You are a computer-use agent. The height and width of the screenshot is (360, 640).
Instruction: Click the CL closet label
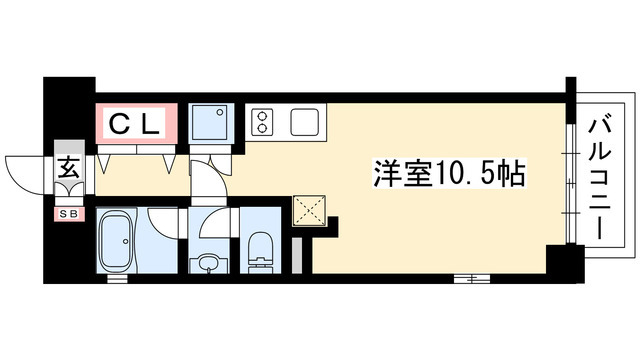coord(135,124)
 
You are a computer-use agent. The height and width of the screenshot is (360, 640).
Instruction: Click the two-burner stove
coord(263,122)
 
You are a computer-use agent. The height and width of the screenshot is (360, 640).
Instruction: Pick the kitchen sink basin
coord(305,121)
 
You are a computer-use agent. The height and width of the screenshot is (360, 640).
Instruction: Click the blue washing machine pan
coord(211,123)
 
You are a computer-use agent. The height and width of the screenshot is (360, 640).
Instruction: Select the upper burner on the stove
coord(263,115)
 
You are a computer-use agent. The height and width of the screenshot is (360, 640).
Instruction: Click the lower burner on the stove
coord(263,129)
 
